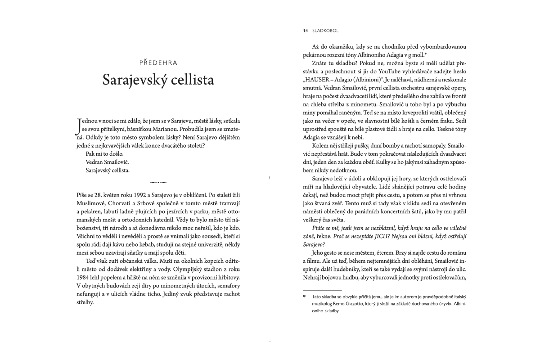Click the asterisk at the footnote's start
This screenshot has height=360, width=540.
click(304, 297)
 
